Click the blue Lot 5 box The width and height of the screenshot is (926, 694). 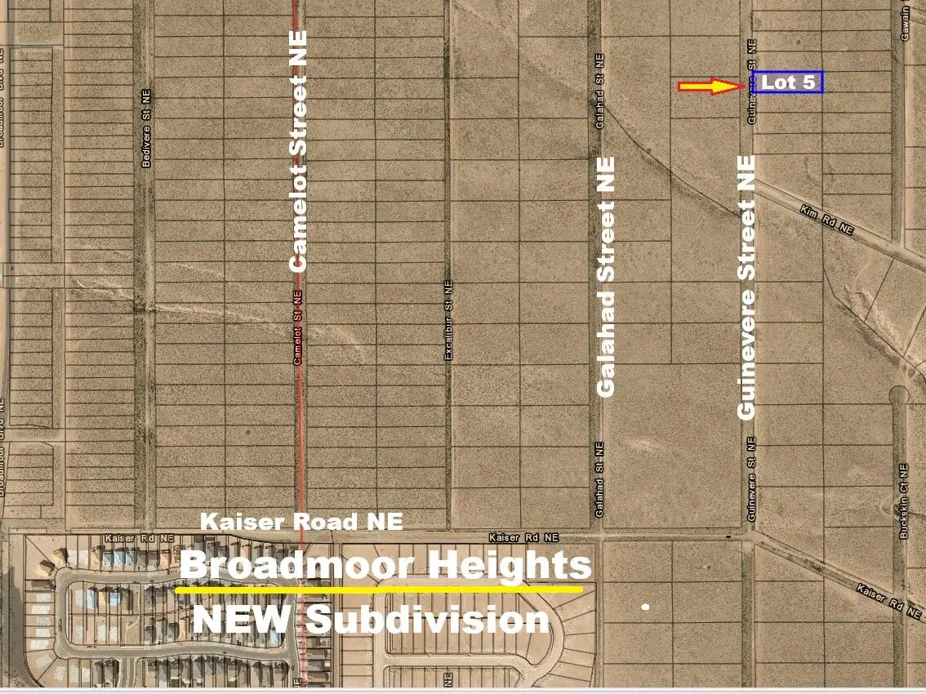point(787,82)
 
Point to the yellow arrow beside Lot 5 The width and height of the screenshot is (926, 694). point(710,85)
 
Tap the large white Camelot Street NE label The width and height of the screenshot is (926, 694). point(299,150)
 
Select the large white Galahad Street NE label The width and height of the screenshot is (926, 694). point(606,277)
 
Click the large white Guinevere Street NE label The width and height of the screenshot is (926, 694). point(746,287)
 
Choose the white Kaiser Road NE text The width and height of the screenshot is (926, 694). point(301,521)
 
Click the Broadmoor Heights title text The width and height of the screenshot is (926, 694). point(385,566)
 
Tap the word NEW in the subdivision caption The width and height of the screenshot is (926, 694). point(242,619)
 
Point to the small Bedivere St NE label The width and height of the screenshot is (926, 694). point(147,128)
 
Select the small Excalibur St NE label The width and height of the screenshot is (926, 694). point(447,320)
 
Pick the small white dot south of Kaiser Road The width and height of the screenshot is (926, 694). point(646,607)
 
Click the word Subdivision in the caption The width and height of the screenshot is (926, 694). point(428,620)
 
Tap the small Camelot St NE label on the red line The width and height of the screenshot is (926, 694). point(298,327)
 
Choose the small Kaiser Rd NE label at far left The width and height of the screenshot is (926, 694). point(140,539)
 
